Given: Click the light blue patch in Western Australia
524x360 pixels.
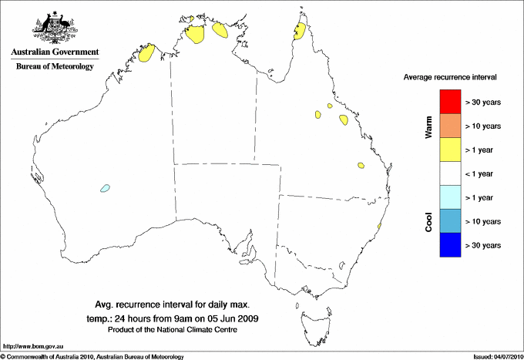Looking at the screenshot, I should [104, 187].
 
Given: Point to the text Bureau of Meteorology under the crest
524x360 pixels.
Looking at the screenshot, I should [55, 66].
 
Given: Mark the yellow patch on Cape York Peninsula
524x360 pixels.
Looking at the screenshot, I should [300, 32].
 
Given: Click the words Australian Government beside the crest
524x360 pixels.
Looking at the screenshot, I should [55, 52].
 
